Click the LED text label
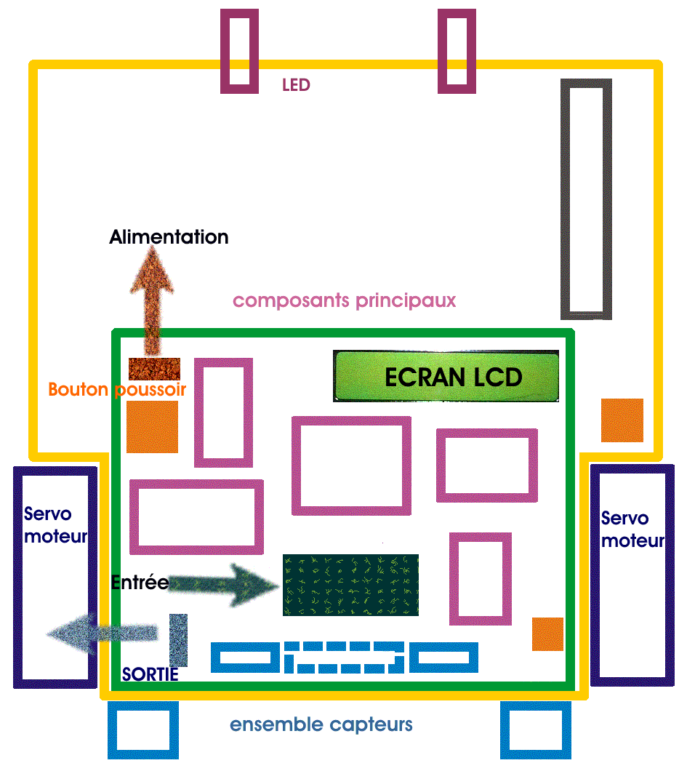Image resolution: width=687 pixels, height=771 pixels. pos(296,85)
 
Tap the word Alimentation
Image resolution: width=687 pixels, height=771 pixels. pos(169,237)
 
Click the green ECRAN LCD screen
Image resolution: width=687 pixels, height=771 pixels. pos(446,376)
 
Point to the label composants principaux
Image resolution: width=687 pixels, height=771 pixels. pos(344,300)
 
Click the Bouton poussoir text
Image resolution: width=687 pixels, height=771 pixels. pos(117,389)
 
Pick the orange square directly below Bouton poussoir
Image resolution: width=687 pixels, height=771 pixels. pos(152,427)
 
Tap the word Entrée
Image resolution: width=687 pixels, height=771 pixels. pos(140,582)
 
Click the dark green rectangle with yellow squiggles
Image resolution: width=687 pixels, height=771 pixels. pos(350,585)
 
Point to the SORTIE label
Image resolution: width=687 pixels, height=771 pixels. pos(150,675)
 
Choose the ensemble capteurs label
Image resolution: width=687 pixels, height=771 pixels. pos(321,724)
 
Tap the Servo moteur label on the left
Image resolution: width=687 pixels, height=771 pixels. pos(55,525)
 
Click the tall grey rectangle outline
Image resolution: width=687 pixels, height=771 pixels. pos(586,199)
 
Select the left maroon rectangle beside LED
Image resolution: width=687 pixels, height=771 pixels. pos(240,51)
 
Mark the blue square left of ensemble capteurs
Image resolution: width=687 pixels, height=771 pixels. pos(142,730)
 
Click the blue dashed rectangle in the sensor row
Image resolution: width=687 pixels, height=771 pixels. pos(345,657)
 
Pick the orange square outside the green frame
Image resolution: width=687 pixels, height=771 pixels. pos(622,420)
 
